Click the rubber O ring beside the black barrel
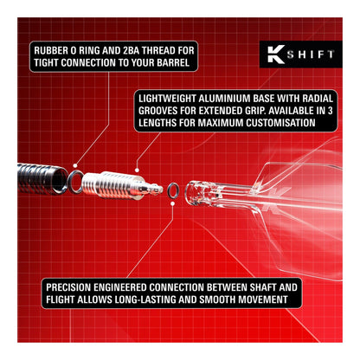[x=77, y=180]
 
